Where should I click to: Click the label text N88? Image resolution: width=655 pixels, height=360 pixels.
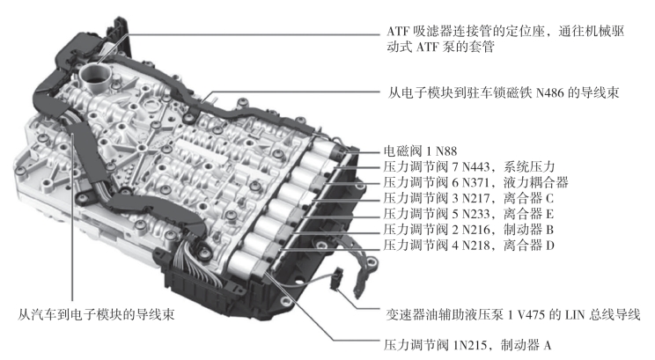click(446, 151)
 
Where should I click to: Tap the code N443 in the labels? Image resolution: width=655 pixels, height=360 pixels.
click(475, 166)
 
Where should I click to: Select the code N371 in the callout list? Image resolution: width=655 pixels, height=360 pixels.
click(475, 182)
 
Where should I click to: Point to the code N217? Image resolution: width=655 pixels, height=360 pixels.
click(475, 198)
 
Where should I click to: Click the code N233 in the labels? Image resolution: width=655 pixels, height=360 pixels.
click(475, 214)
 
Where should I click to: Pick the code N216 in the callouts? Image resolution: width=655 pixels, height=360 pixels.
click(475, 229)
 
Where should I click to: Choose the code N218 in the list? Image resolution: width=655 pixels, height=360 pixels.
click(475, 246)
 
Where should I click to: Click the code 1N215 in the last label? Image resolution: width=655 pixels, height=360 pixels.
click(470, 345)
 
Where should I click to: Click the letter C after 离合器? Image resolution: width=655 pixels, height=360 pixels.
click(549, 198)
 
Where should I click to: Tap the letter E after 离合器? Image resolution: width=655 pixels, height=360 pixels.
click(549, 214)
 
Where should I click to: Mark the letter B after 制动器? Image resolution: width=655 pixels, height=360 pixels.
click(549, 229)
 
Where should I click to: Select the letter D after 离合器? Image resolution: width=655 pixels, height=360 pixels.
click(549, 246)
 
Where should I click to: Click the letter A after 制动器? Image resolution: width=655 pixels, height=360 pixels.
click(548, 345)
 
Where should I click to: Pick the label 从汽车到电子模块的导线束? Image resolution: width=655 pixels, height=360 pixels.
click(96, 314)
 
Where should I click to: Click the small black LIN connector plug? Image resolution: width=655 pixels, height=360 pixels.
click(337, 278)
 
